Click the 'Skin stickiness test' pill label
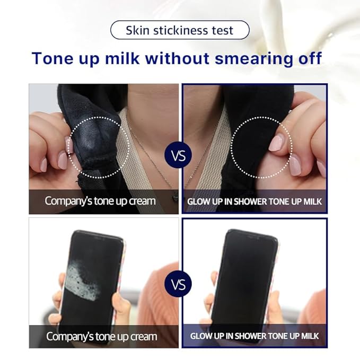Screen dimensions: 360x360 point(179,30)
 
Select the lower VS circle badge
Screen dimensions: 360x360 point(179,284)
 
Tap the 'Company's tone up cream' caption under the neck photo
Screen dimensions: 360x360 point(100,201)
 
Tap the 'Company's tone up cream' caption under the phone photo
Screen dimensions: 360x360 point(101,336)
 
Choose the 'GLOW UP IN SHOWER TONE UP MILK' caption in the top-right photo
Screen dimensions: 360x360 point(254,201)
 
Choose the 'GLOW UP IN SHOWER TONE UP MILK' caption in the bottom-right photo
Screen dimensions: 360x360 point(254,336)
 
